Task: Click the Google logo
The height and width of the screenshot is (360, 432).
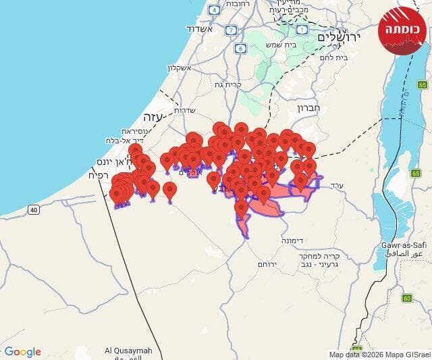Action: click(x=22, y=352)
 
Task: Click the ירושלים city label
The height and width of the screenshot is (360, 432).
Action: click(x=339, y=36)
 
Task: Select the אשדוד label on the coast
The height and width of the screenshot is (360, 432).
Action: click(x=200, y=30)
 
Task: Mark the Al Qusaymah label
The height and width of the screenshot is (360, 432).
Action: click(x=128, y=351)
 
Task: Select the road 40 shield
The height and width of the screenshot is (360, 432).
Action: click(x=34, y=210)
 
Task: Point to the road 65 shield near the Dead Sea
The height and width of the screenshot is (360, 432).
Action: click(x=423, y=85)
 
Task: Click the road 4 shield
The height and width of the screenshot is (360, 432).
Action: click(x=214, y=10)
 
